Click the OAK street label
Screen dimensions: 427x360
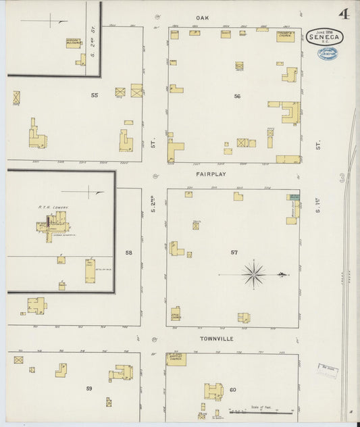(x=202, y=18)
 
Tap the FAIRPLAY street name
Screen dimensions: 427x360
(x=211, y=174)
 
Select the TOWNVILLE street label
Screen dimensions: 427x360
(x=216, y=338)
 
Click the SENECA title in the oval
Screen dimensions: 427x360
(x=323, y=38)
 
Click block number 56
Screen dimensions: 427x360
(x=237, y=97)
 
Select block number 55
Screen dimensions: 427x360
(x=95, y=95)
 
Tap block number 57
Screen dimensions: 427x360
(x=234, y=253)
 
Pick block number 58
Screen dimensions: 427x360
(x=128, y=252)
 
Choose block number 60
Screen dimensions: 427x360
(x=232, y=390)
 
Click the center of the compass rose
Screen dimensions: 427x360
(x=254, y=274)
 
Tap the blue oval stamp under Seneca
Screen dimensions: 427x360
(x=328, y=53)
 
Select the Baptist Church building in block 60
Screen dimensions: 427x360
(x=176, y=359)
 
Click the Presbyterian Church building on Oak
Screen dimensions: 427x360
(x=286, y=36)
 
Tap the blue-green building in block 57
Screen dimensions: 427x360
(x=294, y=197)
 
